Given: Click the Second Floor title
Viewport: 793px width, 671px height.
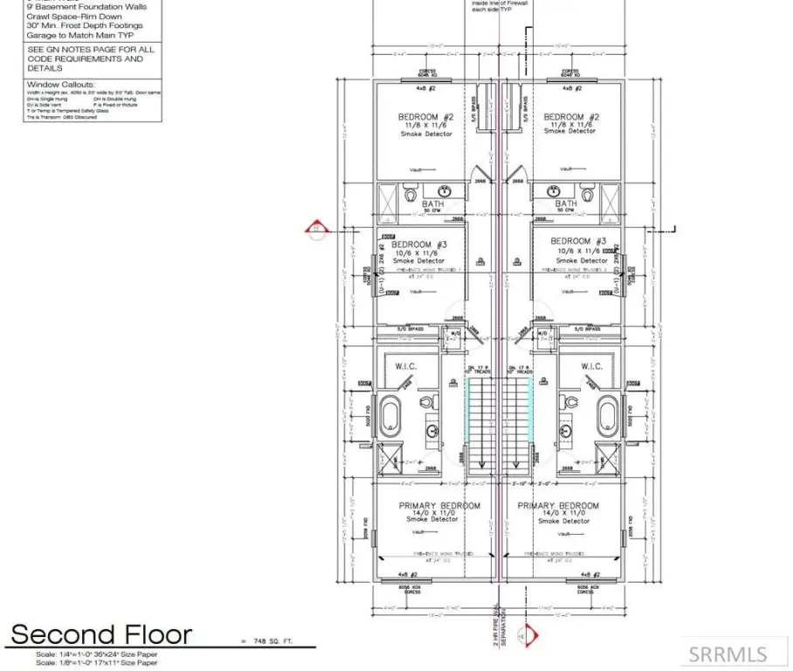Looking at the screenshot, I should pyautogui.click(x=100, y=633).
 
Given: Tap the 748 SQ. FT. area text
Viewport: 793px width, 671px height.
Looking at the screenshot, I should pyautogui.click(x=268, y=641).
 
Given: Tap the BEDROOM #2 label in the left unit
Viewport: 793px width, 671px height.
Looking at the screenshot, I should pyautogui.click(x=426, y=117).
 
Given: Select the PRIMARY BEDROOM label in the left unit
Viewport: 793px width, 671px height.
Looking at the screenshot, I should pyautogui.click(x=439, y=506).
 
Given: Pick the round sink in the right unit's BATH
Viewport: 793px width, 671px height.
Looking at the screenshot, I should pyautogui.click(x=552, y=190).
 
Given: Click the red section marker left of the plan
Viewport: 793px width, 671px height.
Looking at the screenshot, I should pyautogui.click(x=314, y=230).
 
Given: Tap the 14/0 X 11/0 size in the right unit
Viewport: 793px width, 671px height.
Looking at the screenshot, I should pyautogui.click(x=558, y=514).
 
